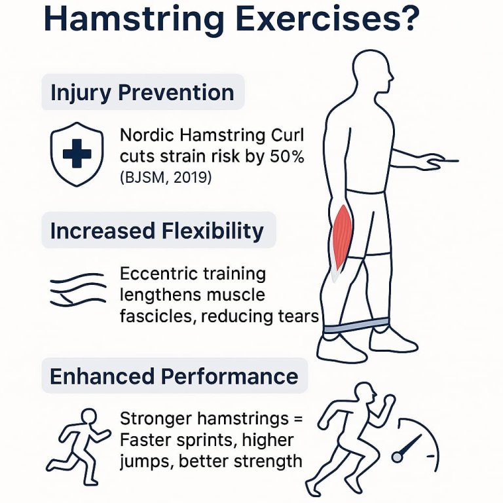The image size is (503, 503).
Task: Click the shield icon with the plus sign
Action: pyautogui.click(x=77, y=154)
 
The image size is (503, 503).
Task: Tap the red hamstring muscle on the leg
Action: pyautogui.click(x=342, y=239)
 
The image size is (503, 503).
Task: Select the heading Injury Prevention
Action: pyautogui.click(x=142, y=92)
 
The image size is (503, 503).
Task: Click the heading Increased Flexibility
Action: pyautogui.click(x=157, y=231)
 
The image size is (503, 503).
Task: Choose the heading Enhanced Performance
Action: pyautogui.click(x=174, y=376)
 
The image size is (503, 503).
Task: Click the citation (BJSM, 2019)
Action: pyautogui.click(x=166, y=177)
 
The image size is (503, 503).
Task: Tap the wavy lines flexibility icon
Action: pyautogui.click(x=77, y=289)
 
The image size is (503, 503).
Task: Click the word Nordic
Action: pyautogui.click(x=143, y=137)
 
